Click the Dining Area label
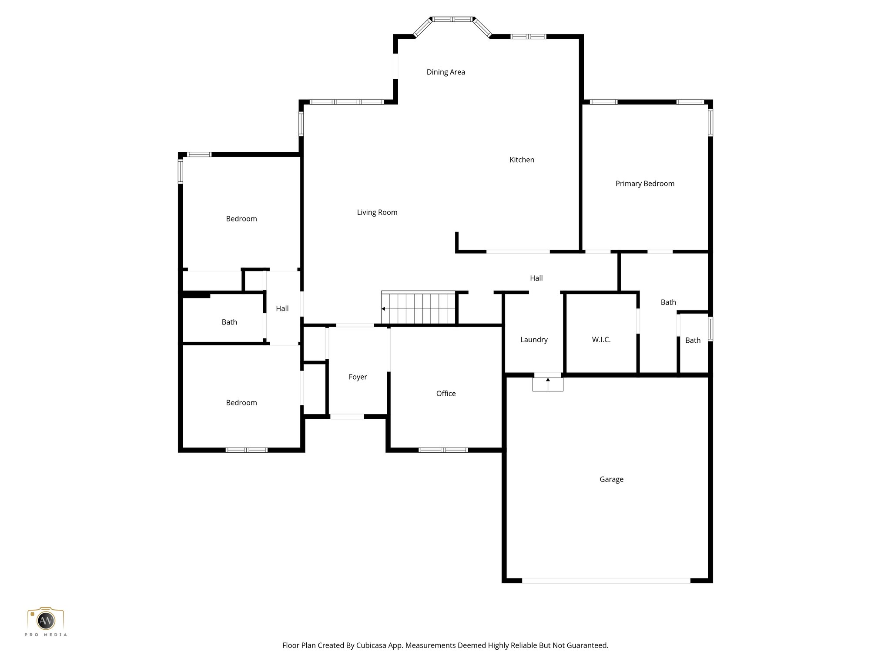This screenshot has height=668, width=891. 445,72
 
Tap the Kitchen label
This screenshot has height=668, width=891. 522,160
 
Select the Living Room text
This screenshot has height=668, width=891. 377,213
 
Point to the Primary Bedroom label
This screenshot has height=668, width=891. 645,184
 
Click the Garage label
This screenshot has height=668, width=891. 611,479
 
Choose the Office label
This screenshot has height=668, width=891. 446,394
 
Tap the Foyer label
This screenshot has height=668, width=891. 358,377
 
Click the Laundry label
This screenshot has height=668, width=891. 534,340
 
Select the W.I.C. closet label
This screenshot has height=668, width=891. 601,340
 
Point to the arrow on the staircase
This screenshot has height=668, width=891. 383,309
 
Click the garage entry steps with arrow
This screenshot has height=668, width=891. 548,384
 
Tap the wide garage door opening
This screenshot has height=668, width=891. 606,581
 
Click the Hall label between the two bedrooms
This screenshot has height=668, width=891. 282,309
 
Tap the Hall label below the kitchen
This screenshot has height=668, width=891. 536,278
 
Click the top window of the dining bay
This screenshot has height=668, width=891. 452,20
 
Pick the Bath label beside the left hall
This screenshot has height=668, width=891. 229,322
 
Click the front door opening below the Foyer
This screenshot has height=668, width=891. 347,417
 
